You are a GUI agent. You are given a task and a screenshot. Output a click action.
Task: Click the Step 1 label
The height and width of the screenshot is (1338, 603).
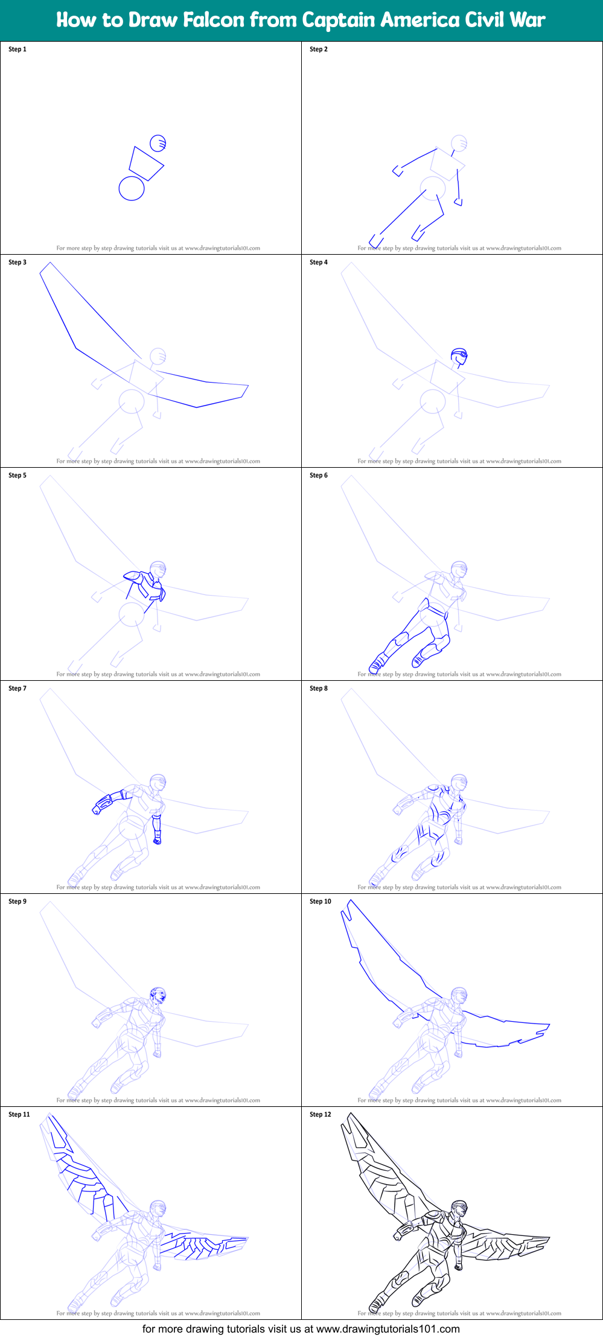pyautogui.click(x=18, y=49)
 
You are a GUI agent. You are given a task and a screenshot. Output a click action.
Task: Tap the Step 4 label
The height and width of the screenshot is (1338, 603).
pyautogui.click(x=319, y=263)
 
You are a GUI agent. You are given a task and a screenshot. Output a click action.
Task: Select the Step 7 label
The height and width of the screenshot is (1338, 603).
pyautogui.click(x=18, y=689)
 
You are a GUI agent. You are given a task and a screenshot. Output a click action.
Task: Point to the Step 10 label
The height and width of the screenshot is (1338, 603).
pyautogui.click(x=321, y=902)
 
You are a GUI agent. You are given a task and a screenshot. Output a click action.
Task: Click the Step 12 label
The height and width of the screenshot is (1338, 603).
pyautogui.click(x=321, y=1115)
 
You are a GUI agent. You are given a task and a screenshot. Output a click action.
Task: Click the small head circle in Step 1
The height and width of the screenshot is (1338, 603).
pyautogui.click(x=158, y=143)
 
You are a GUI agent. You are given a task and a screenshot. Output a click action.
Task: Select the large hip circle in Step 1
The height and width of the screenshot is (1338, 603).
pyautogui.click(x=132, y=188)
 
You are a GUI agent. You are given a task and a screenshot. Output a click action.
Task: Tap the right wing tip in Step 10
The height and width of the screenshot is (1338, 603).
pyautogui.click(x=546, y=1027)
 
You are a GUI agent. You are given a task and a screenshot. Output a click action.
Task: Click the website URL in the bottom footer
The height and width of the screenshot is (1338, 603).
pyautogui.click(x=388, y=1328)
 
